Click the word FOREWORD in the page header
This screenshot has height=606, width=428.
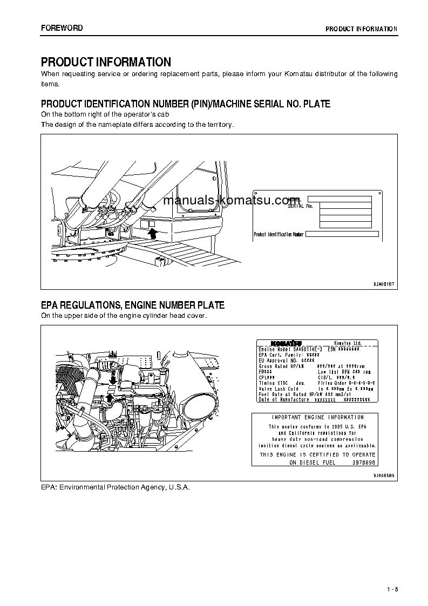[x=62, y=28]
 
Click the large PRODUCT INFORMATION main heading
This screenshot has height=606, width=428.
[x=106, y=62]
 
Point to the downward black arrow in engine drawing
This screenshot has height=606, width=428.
[x=112, y=380]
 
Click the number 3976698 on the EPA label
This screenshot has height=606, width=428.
[x=364, y=462]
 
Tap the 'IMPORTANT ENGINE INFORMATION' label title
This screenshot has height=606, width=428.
[x=317, y=417]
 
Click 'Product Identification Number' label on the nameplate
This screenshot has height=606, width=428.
[x=279, y=234]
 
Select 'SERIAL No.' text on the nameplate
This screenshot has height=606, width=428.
[x=300, y=206]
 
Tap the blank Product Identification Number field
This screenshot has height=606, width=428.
[x=342, y=234]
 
